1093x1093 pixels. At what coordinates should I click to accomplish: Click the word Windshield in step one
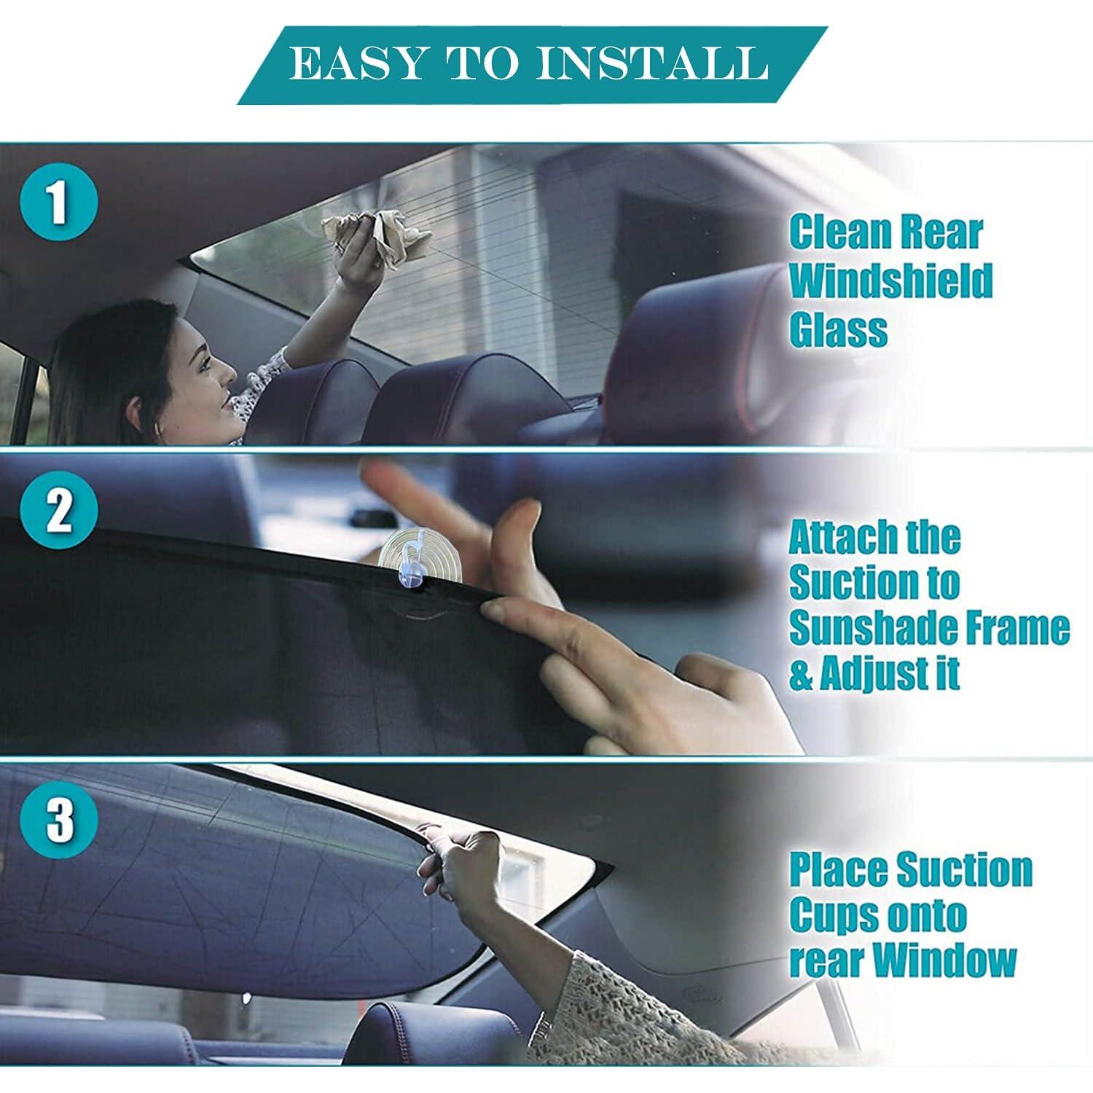coord(890,281)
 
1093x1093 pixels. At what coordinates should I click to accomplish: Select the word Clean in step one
coord(834,232)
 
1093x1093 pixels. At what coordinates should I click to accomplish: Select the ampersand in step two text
coord(801,675)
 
